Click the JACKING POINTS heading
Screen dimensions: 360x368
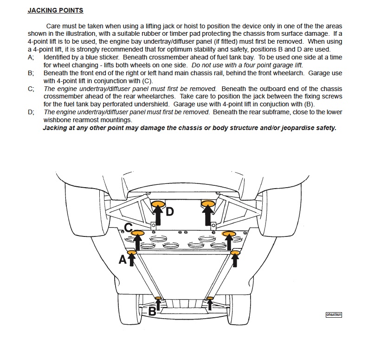[56, 10]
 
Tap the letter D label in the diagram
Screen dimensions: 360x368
[169, 211]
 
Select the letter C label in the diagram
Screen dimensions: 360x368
[129, 228]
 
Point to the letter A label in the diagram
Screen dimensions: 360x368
[123, 260]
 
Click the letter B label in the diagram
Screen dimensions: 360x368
[152, 312]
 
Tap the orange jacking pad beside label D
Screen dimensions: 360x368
[158, 203]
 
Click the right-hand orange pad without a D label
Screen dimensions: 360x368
[207, 203]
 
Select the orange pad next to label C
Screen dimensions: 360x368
[139, 233]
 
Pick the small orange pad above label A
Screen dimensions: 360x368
[131, 252]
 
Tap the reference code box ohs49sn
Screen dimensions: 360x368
[334, 314]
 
